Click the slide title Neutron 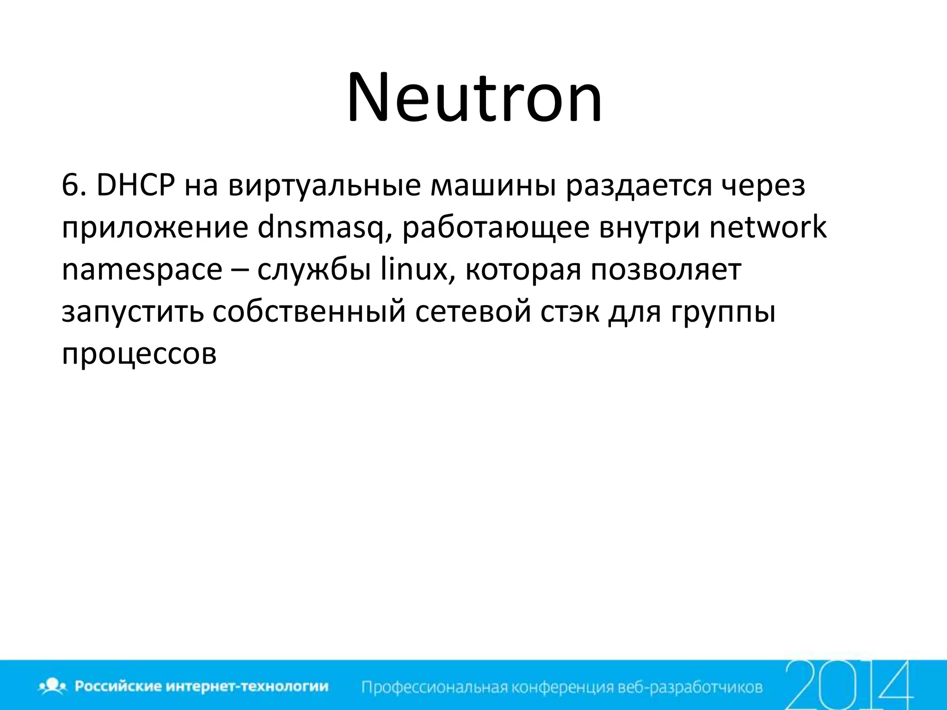(474, 98)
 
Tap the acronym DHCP (136, 186)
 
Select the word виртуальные (324, 186)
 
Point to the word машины (493, 186)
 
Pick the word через (763, 186)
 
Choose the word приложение (155, 228)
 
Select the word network (768, 227)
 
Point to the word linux (413, 269)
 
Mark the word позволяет (666, 270)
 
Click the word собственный (309, 312)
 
